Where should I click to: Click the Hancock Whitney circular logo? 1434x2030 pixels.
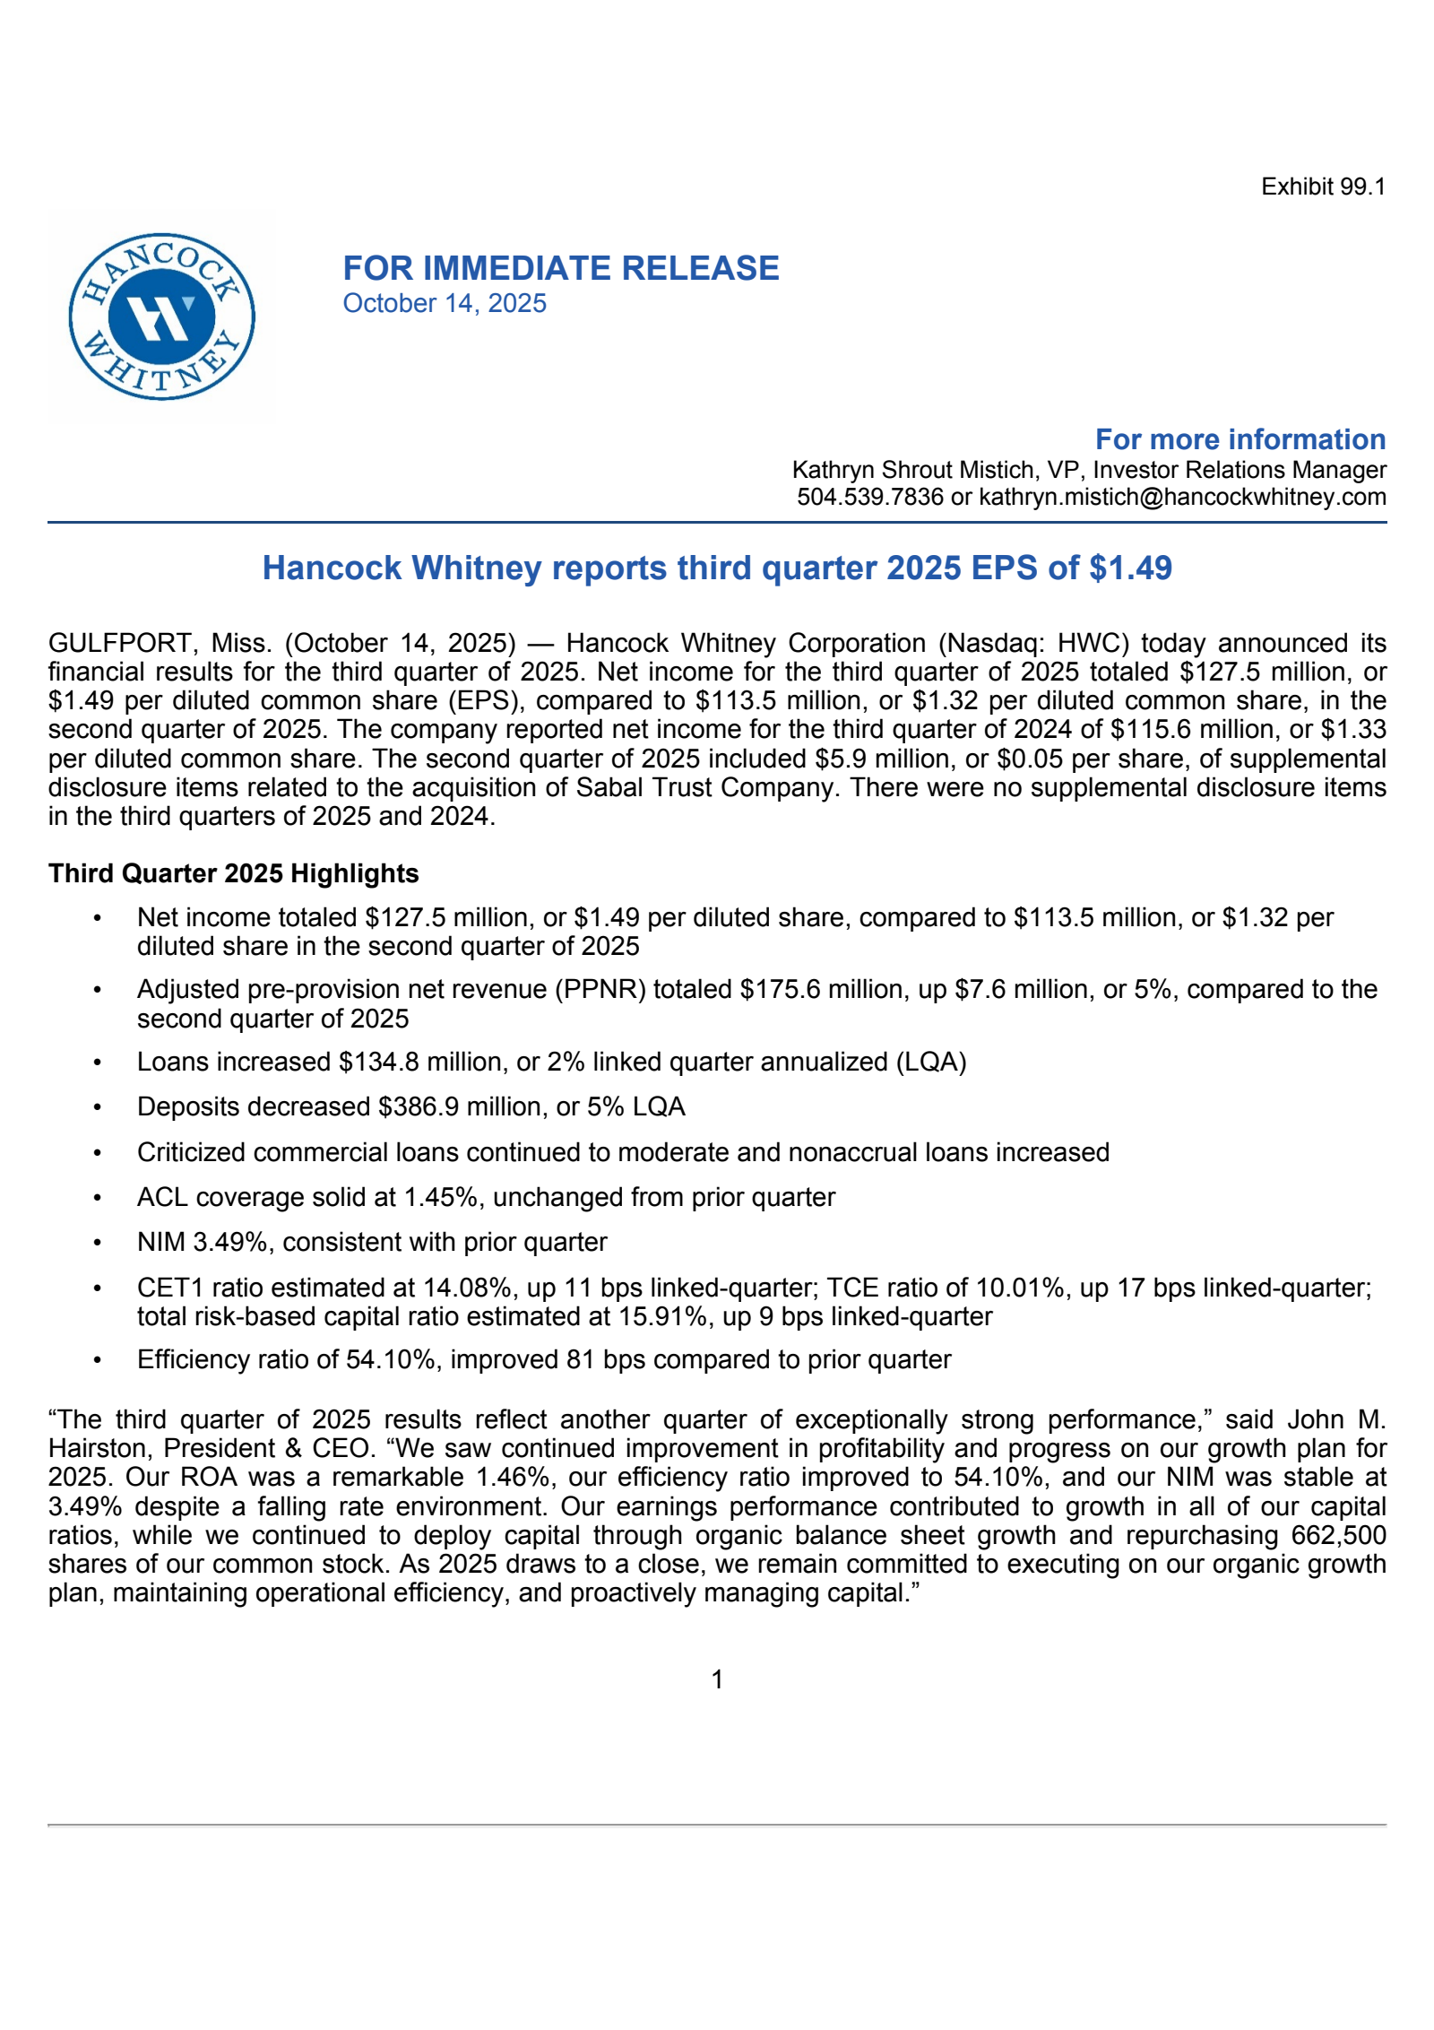(162, 317)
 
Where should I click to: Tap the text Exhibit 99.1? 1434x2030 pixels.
(1323, 187)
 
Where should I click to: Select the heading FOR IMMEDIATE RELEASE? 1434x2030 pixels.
(561, 268)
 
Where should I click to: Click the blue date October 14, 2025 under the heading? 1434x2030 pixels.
(445, 304)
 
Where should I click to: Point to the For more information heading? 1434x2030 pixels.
(1240, 439)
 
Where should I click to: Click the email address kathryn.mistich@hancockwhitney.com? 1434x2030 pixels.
(1182, 497)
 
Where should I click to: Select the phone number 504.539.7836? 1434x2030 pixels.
(869, 497)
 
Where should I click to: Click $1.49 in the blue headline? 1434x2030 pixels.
(1130, 568)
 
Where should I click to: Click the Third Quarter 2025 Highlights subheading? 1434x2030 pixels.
(233, 873)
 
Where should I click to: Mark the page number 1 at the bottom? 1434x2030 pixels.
(717, 1679)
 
